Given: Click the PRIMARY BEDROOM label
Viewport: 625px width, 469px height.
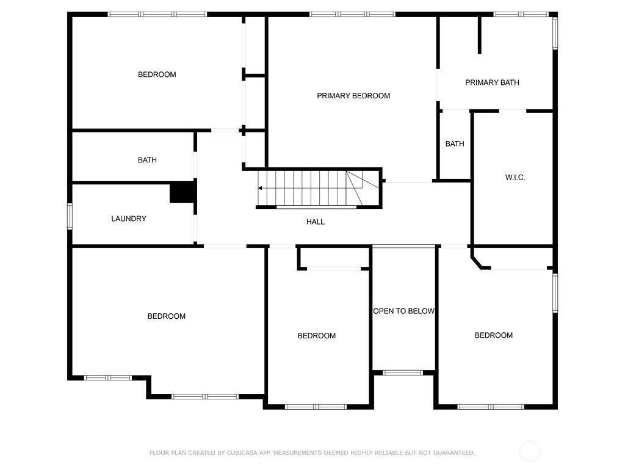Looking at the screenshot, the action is pos(353,96).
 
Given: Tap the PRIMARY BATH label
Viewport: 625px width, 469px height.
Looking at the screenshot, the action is pos(492,82).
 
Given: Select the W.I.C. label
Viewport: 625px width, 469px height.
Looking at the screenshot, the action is pos(515,178).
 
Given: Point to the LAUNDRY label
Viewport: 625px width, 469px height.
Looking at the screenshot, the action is pos(129,219).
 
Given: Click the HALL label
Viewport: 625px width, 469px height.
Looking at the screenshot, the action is pos(316,222).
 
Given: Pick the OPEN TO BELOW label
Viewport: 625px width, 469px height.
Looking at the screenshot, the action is pos(403,311).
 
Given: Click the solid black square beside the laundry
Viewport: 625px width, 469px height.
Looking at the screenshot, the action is pos(182,192).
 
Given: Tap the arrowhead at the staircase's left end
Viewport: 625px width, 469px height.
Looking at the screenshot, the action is pos(260,188).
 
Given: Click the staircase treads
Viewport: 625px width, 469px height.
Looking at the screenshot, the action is pos(317,188).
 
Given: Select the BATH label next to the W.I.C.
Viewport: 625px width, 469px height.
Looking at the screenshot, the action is pos(454,144).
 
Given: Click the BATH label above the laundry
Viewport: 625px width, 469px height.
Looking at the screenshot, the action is pos(147,161).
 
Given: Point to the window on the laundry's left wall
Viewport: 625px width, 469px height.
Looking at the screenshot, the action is pos(70,216).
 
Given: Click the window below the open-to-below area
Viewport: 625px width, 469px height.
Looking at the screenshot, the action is pos(403,373).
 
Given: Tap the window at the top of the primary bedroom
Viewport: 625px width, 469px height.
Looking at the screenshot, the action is pos(352,15).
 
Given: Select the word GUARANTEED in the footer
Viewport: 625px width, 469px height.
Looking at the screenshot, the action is pos(454,453).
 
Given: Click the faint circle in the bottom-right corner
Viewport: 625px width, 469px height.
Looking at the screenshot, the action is pos(530,451).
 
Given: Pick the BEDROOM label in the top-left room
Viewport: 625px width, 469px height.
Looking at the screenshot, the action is pos(157,75).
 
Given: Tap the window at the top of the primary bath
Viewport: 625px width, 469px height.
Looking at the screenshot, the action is pos(521,15).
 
